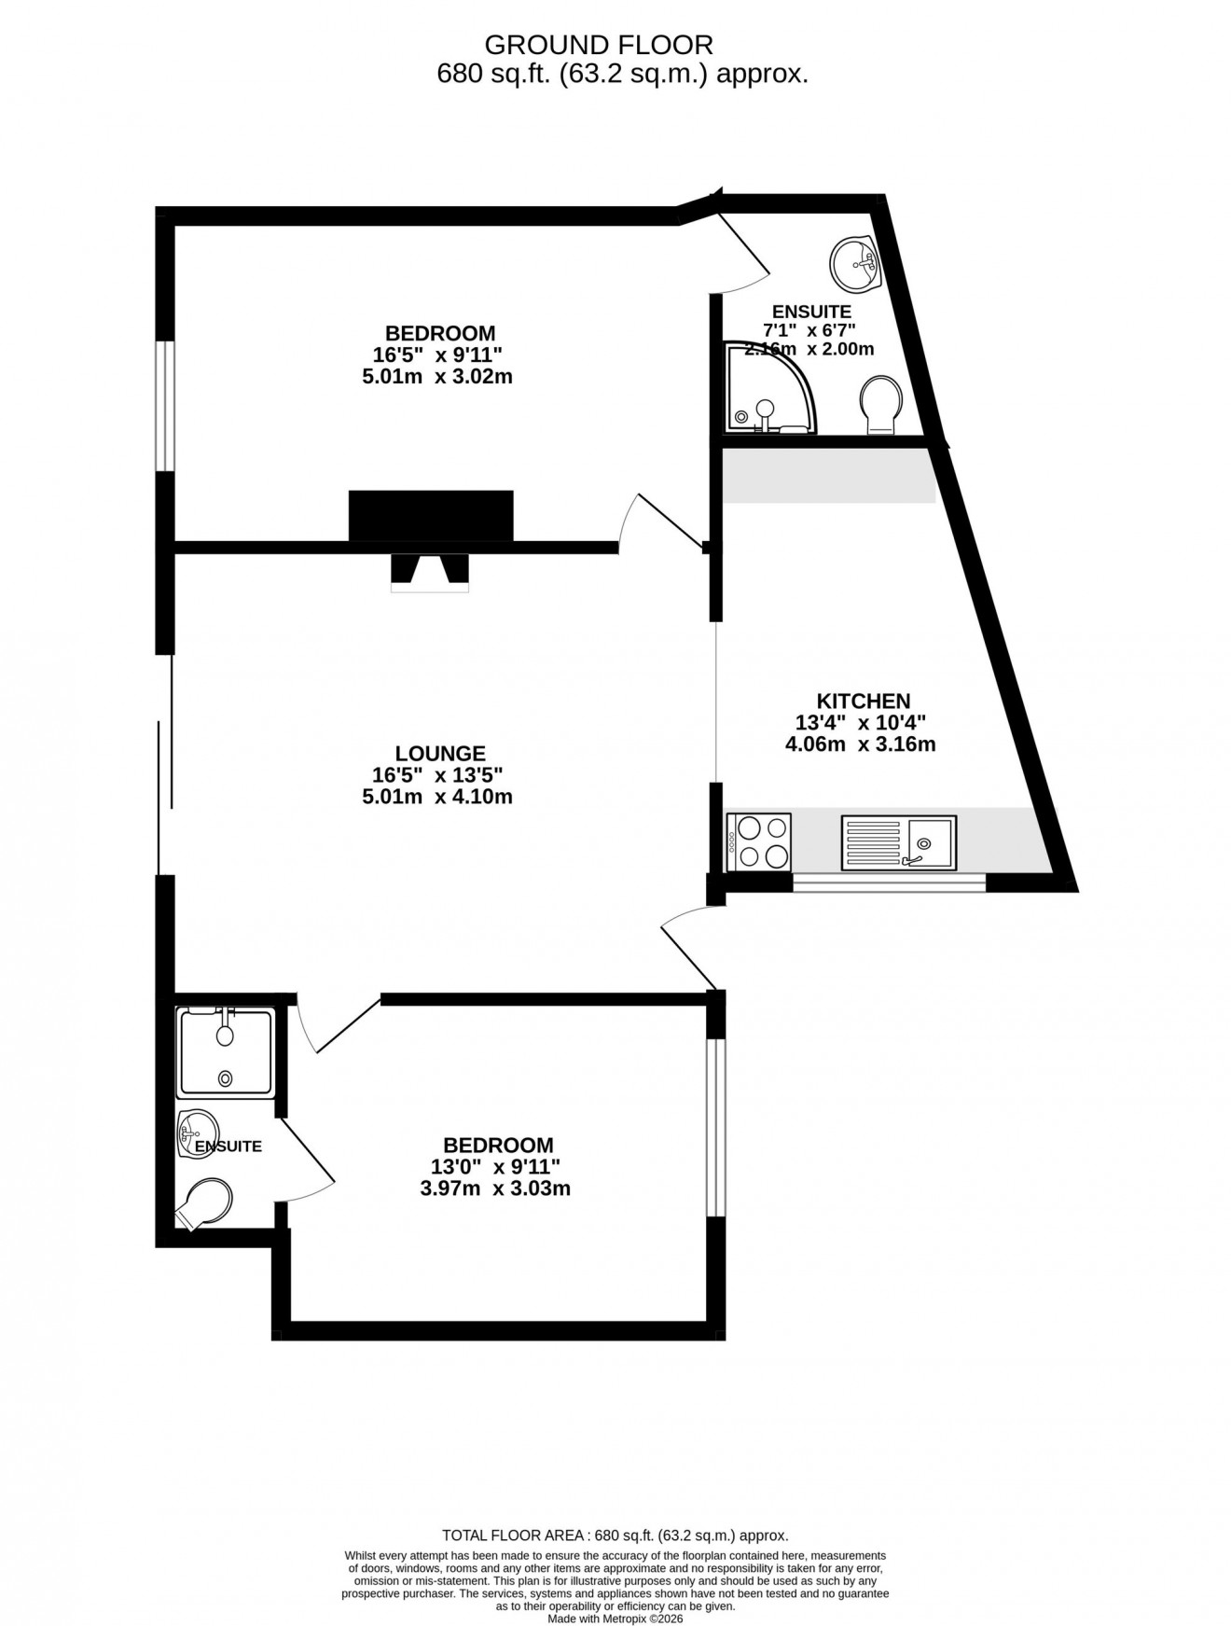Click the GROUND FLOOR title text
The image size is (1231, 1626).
599,45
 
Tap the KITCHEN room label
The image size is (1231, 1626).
863,701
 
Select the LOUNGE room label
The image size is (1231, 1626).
439,753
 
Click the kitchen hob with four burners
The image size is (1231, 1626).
758,841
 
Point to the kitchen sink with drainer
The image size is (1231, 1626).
898,842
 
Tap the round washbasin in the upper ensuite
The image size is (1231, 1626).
852,263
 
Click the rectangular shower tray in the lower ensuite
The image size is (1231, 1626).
226,1052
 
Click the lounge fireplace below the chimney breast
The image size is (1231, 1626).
429,572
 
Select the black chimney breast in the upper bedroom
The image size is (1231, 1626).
431,515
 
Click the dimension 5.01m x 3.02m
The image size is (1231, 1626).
437,378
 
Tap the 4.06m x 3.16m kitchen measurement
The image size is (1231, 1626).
860,744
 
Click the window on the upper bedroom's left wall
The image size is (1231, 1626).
165,406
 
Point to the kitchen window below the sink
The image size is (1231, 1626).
889,881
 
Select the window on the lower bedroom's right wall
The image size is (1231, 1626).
715,1128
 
